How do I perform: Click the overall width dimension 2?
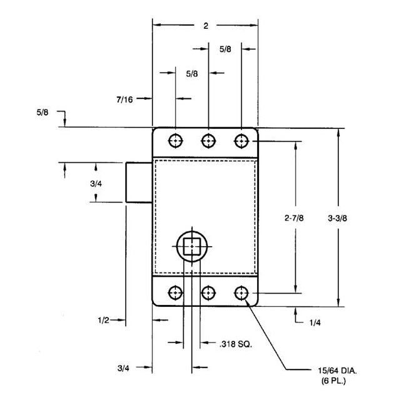(206, 26)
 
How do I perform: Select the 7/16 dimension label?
(124, 98)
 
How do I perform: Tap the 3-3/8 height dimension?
(339, 219)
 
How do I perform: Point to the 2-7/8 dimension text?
(295, 219)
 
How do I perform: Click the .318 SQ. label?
(235, 344)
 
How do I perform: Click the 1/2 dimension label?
(104, 320)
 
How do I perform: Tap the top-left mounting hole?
(176, 140)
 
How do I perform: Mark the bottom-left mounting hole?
(176, 292)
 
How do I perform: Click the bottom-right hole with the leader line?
(241, 292)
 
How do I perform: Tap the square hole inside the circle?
(191, 247)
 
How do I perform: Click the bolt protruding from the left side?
(139, 182)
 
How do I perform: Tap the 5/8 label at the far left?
(43, 112)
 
